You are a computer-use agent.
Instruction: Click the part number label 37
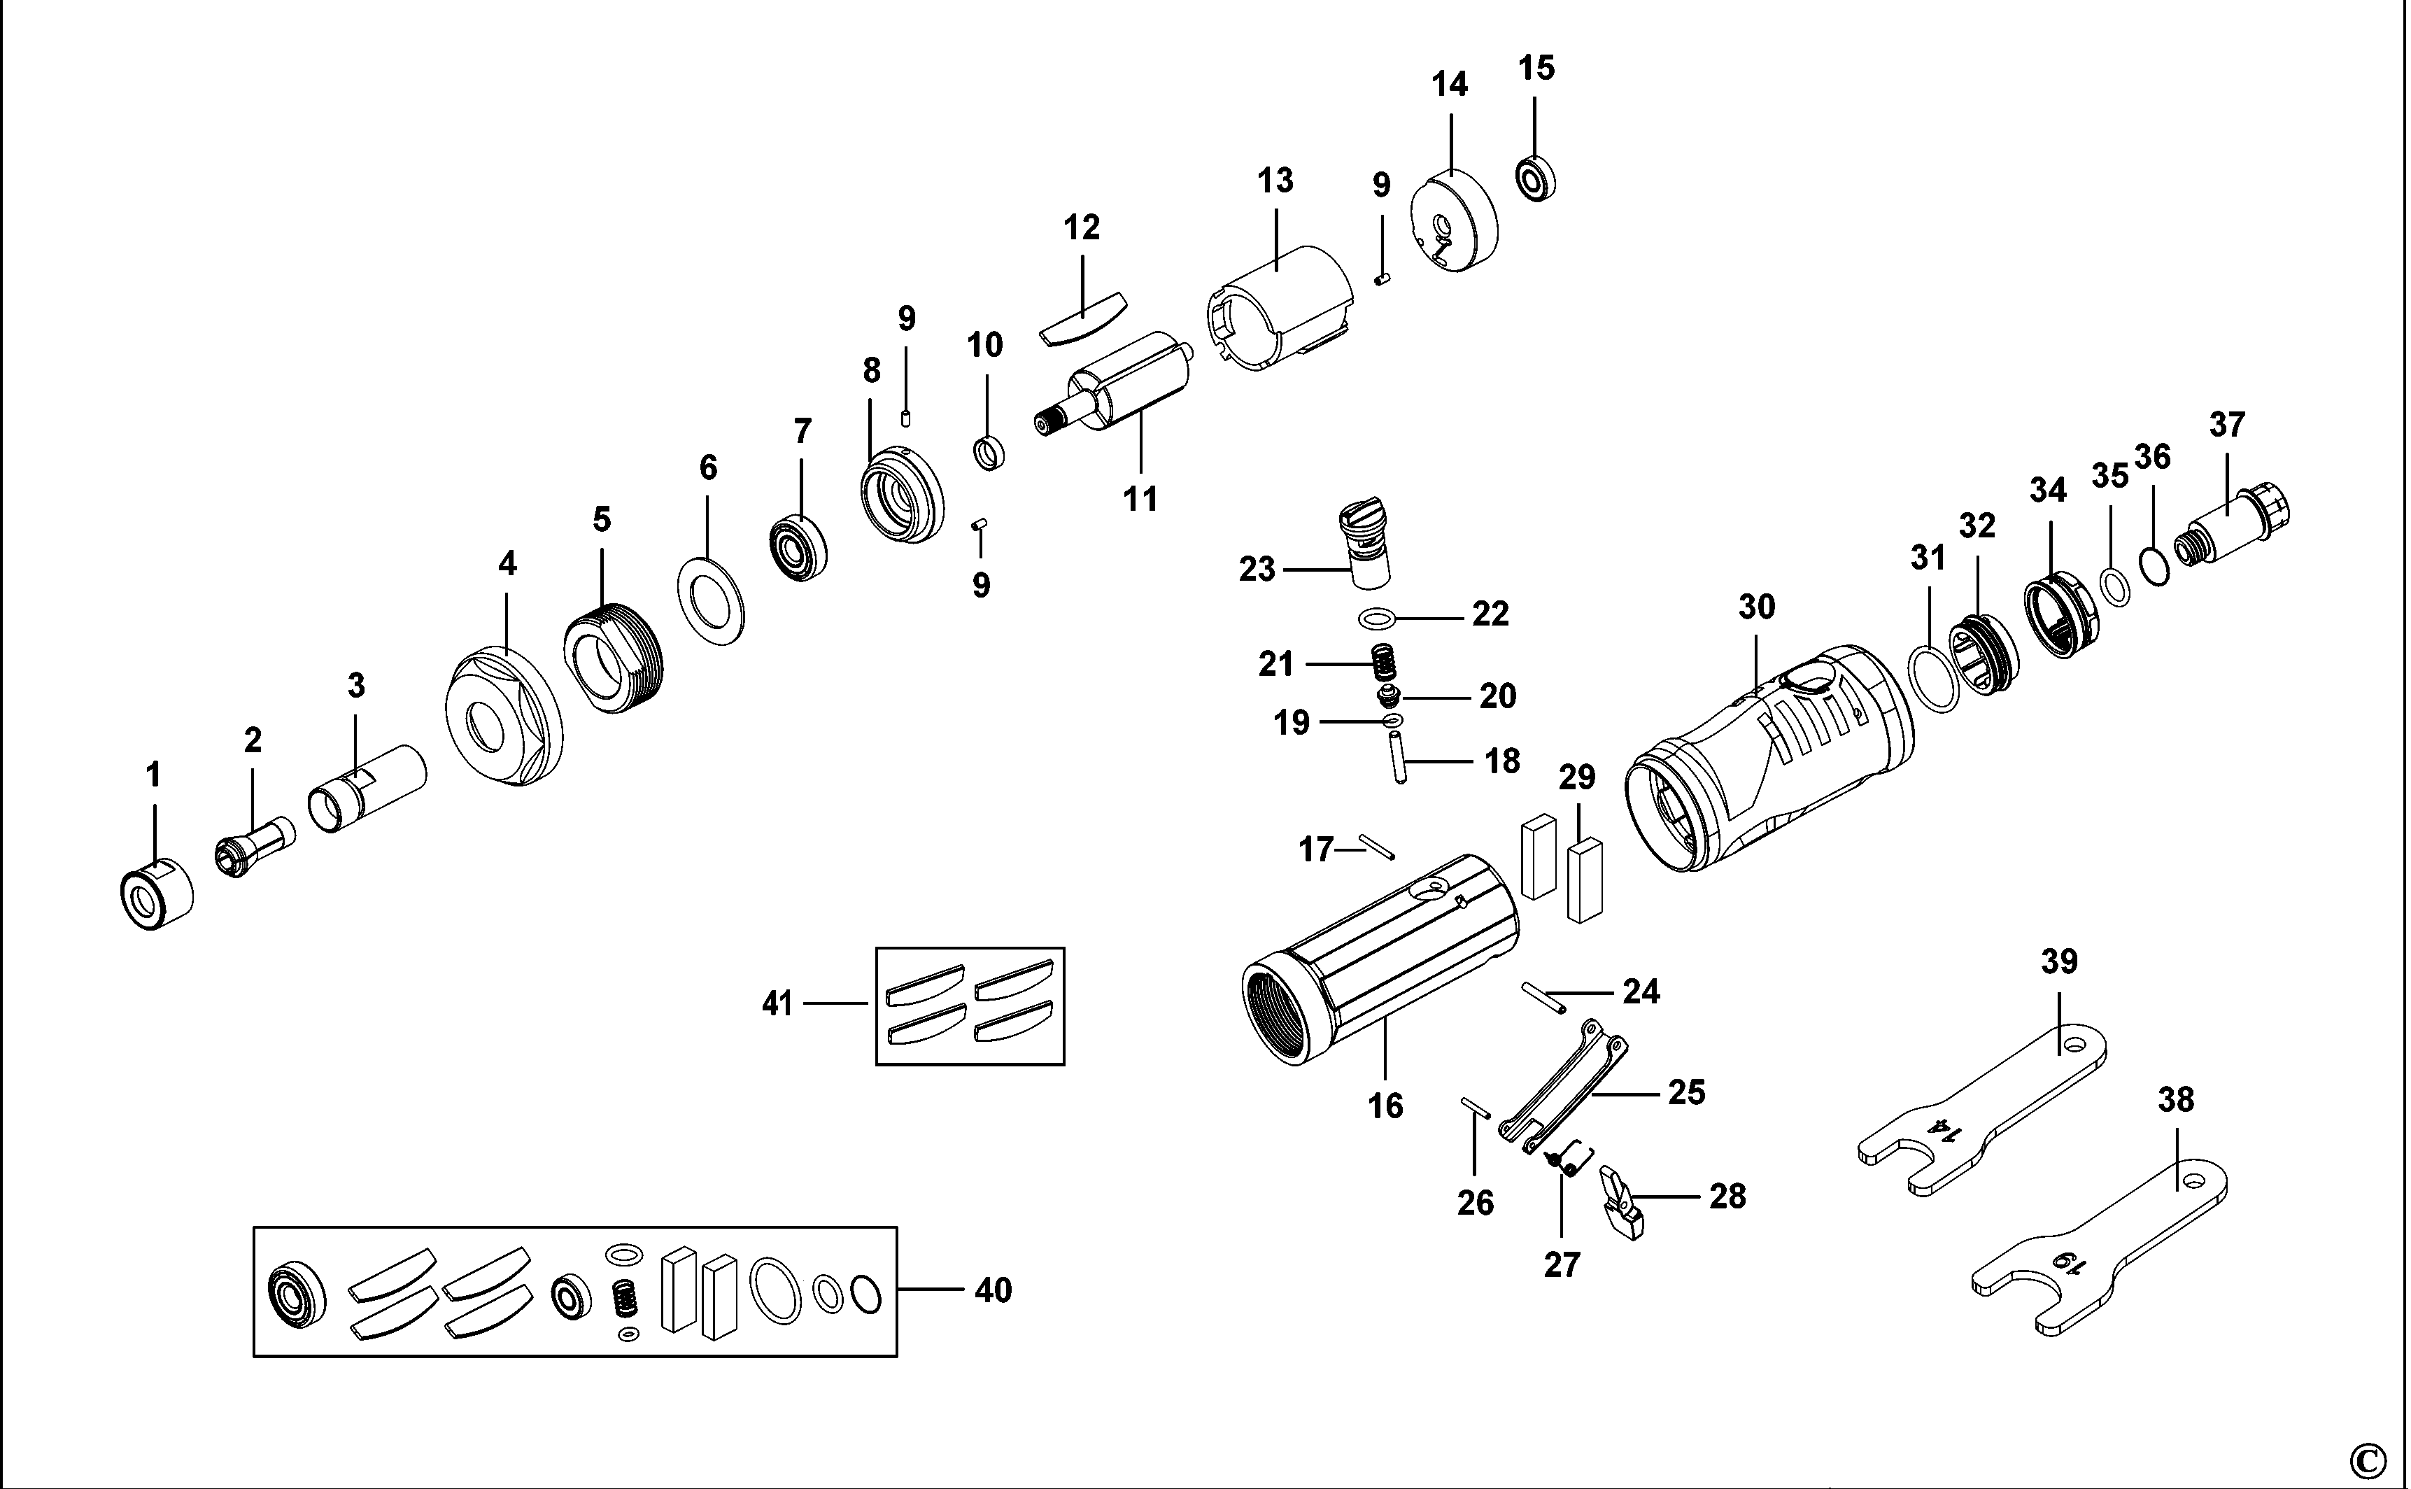click(x=2227, y=425)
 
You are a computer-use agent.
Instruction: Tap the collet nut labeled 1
click(x=155, y=894)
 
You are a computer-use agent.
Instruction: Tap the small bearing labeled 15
click(x=1535, y=178)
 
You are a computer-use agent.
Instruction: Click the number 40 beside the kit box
click(x=992, y=1290)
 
